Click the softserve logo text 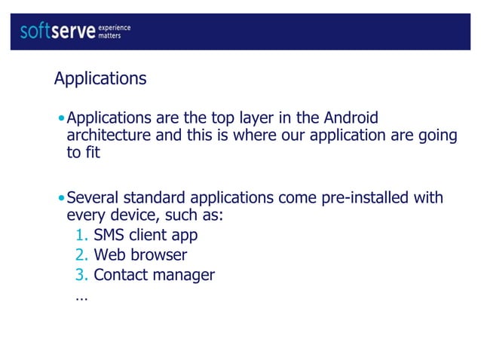coord(58,32)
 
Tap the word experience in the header coord(115,28)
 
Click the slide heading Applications coord(100,78)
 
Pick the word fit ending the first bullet coord(92,153)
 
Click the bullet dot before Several coord(60,199)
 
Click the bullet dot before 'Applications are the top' coord(60,119)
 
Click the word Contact coord(121,275)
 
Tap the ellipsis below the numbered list coord(81,297)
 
